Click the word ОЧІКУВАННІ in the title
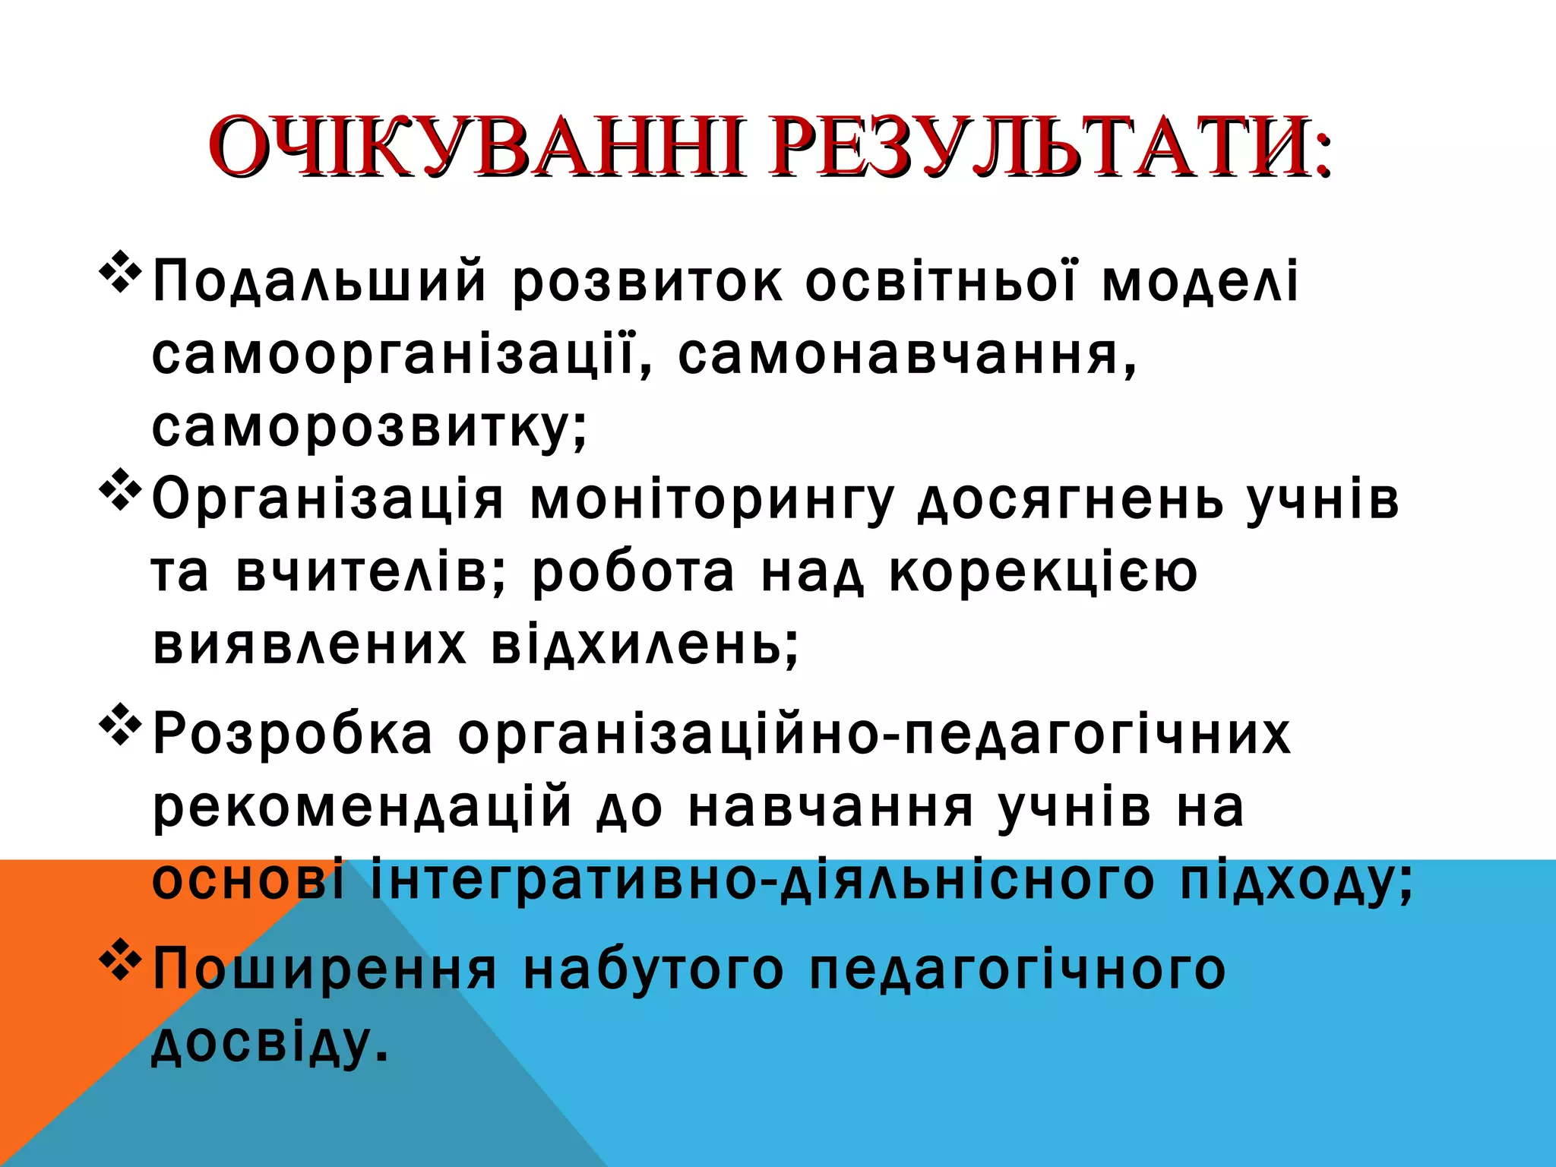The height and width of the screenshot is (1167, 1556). tap(476, 147)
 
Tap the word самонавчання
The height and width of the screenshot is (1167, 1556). tap(900, 356)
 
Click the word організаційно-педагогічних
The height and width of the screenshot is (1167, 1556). tap(874, 735)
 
